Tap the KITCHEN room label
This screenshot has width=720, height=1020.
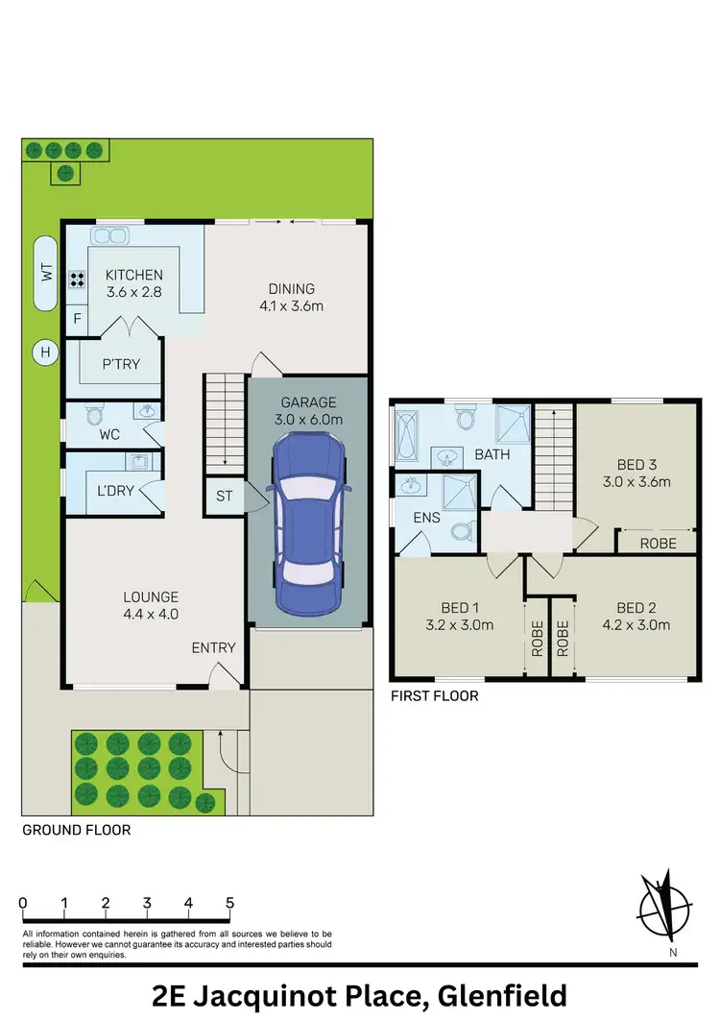click(134, 276)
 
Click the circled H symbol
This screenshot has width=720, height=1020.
click(43, 352)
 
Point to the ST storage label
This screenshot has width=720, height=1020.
click(224, 497)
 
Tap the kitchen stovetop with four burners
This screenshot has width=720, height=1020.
click(77, 280)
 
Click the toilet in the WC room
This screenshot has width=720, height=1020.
click(93, 415)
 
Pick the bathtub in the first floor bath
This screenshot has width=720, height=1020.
click(406, 437)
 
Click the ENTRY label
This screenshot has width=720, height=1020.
click(213, 647)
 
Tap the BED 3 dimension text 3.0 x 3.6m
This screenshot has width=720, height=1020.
click(636, 482)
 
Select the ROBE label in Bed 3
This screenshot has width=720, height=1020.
click(658, 543)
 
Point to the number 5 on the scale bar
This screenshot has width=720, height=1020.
click(229, 903)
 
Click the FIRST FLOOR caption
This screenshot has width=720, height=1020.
click(433, 695)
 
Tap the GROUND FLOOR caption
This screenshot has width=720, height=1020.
click(76, 829)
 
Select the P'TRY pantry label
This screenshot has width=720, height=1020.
click(122, 365)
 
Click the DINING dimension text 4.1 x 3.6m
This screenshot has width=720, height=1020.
click(292, 307)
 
